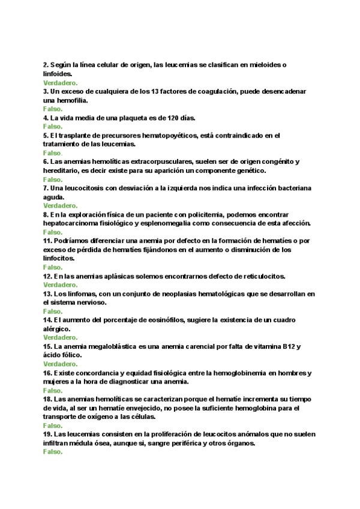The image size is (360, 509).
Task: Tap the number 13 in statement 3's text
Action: pyautogui.click(x=158, y=91)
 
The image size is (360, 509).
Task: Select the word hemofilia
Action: pyautogui.click(x=71, y=100)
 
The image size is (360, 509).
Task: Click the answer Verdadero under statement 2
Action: pyautogui.click(x=60, y=82)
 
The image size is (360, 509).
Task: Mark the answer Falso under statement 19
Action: pyautogui.click(x=53, y=451)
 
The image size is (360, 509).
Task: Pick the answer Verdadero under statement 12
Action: pyautogui.click(x=60, y=285)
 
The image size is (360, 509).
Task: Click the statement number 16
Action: pyautogui.click(x=47, y=373)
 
